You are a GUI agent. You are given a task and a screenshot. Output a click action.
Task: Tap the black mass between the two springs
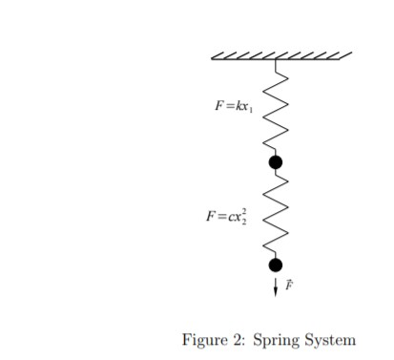pos(276,162)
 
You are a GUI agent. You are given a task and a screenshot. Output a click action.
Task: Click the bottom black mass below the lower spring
pos(276,265)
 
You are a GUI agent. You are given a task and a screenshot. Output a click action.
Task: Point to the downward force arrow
pos(276,286)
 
